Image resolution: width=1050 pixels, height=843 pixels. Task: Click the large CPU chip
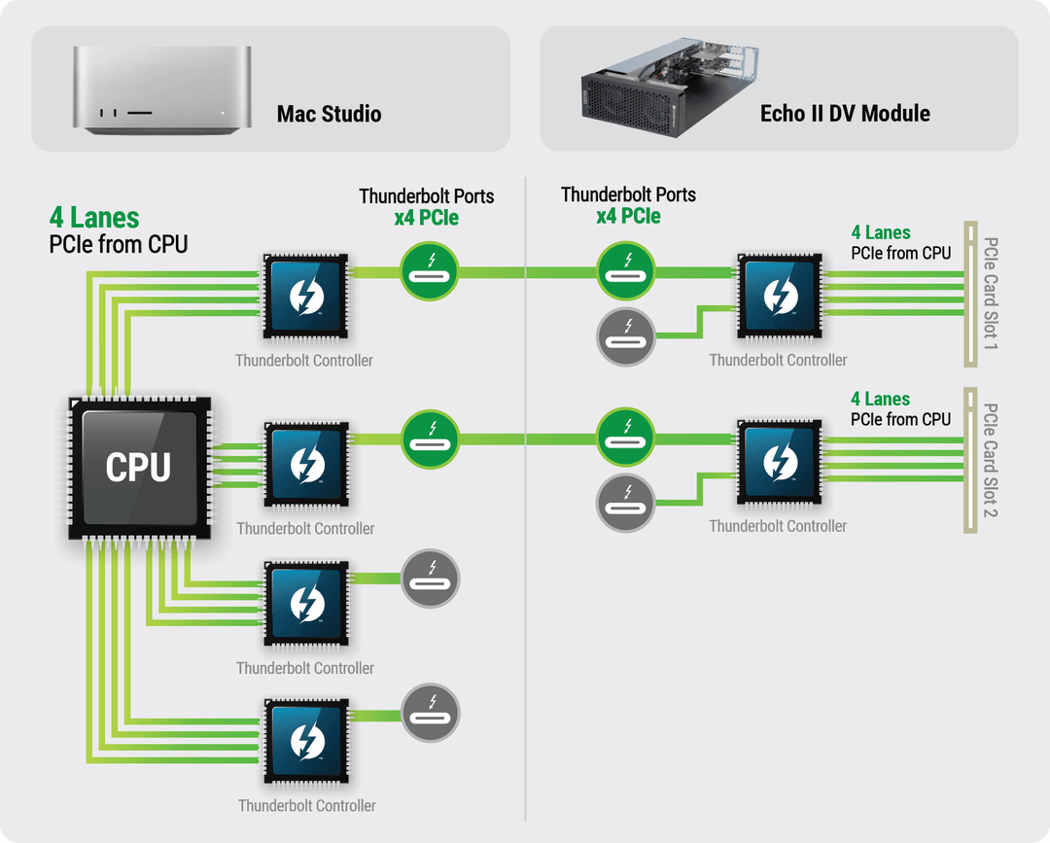[x=138, y=468]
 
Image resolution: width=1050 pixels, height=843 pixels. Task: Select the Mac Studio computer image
[x=160, y=89]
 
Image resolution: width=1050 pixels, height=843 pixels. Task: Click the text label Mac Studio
[x=329, y=114]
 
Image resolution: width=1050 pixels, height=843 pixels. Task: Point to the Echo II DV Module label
[x=845, y=114]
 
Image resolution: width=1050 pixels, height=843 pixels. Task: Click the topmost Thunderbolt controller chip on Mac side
[x=306, y=296]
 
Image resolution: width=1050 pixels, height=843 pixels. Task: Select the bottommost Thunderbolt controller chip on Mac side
[x=306, y=740]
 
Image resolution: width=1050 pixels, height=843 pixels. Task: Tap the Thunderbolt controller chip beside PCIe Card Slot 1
[x=779, y=296]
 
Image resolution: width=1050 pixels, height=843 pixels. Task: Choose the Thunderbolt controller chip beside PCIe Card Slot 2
[x=779, y=462]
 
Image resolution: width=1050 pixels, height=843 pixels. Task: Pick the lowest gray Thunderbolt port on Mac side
[x=430, y=714]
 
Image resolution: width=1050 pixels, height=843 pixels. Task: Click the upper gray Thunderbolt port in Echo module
[x=625, y=336]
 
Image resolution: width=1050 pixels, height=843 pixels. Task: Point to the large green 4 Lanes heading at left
[x=94, y=218]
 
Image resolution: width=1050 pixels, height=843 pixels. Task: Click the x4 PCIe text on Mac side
[x=426, y=218]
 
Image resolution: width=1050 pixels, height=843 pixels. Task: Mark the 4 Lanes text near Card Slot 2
[x=880, y=400]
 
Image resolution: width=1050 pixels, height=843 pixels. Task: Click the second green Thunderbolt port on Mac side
[x=430, y=439]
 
